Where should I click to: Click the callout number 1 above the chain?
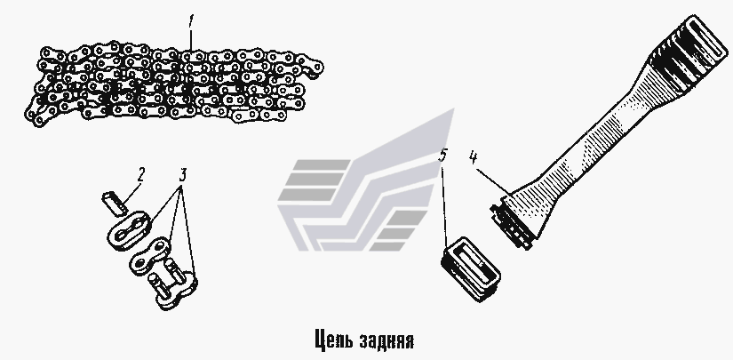tap(190, 22)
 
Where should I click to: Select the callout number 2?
tap(140, 175)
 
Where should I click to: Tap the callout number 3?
tap(183, 175)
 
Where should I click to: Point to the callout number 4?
tap(473, 158)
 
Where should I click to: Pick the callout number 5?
tap(442, 156)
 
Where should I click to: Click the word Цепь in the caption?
tap(332, 340)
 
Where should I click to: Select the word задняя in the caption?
tap(387, 340)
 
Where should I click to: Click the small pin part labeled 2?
tap(115, 204)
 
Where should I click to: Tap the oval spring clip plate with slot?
tap(129, 230)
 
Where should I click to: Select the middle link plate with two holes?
tap(150, 256)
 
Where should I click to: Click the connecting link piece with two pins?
tap(171, 286)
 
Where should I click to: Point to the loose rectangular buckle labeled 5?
tap(470, 268)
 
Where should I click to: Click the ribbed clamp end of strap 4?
tap(512, 223)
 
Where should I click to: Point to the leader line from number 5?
tap(445, 204)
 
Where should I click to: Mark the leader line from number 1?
tap(190, 41)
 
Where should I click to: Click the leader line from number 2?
tap(131, 193)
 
